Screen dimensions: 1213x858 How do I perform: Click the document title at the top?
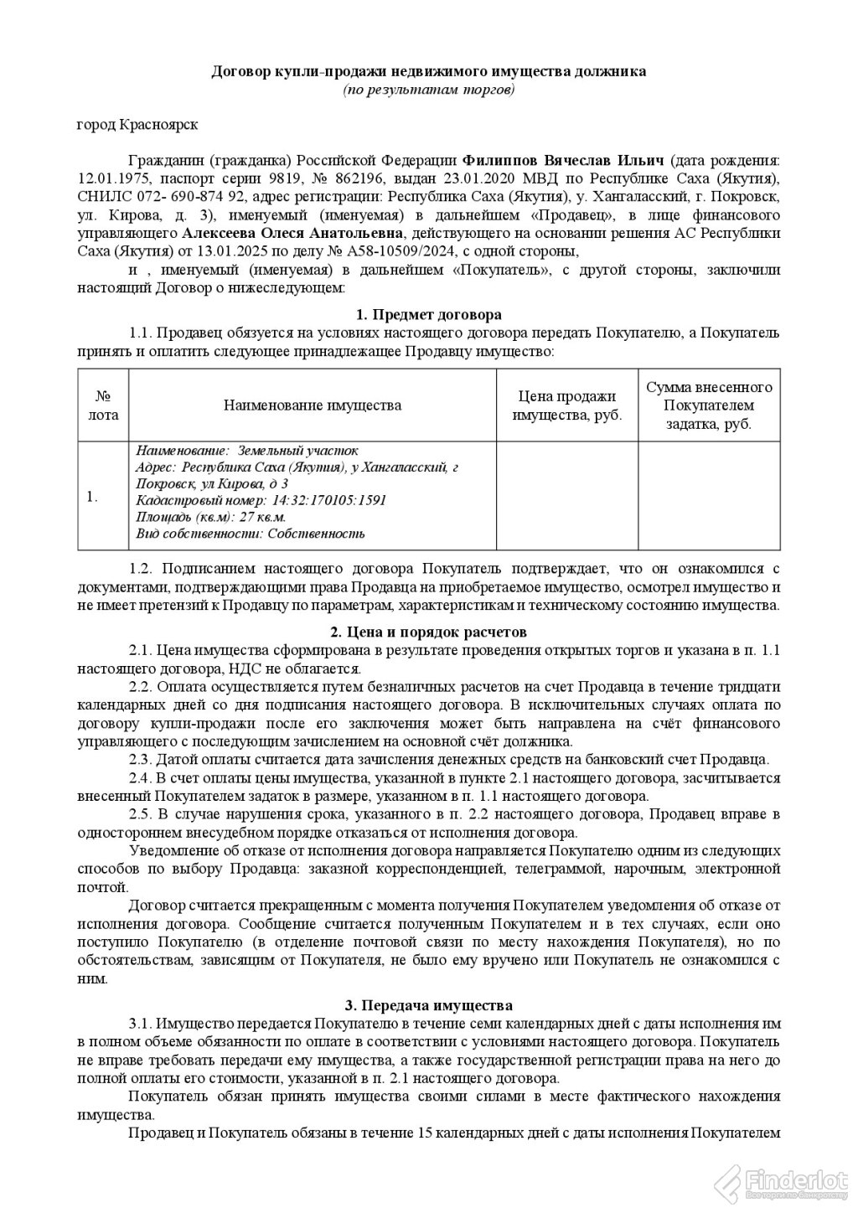point(428,72)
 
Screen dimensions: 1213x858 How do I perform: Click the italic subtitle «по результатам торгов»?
point(428,89)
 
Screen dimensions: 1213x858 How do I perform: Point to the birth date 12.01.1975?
point(110,178)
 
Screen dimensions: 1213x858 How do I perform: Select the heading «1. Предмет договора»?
point(428,315)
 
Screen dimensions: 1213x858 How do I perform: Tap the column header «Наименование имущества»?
point(312,405)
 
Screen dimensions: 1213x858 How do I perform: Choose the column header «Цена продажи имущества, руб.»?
point(567,405)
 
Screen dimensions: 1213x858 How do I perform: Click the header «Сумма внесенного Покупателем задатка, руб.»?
point(709,405)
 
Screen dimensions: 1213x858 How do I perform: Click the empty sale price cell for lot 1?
point(567,496)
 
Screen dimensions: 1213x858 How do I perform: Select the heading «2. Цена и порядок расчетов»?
point(428,632)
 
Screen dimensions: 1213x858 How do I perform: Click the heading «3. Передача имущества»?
point(428,1005)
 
